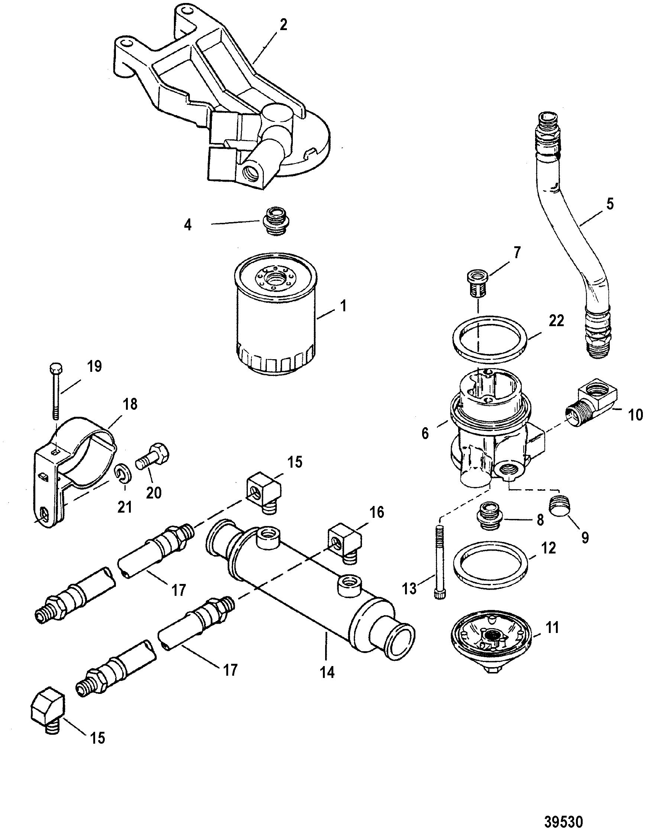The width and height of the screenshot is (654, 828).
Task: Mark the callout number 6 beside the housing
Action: pos(425,435)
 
